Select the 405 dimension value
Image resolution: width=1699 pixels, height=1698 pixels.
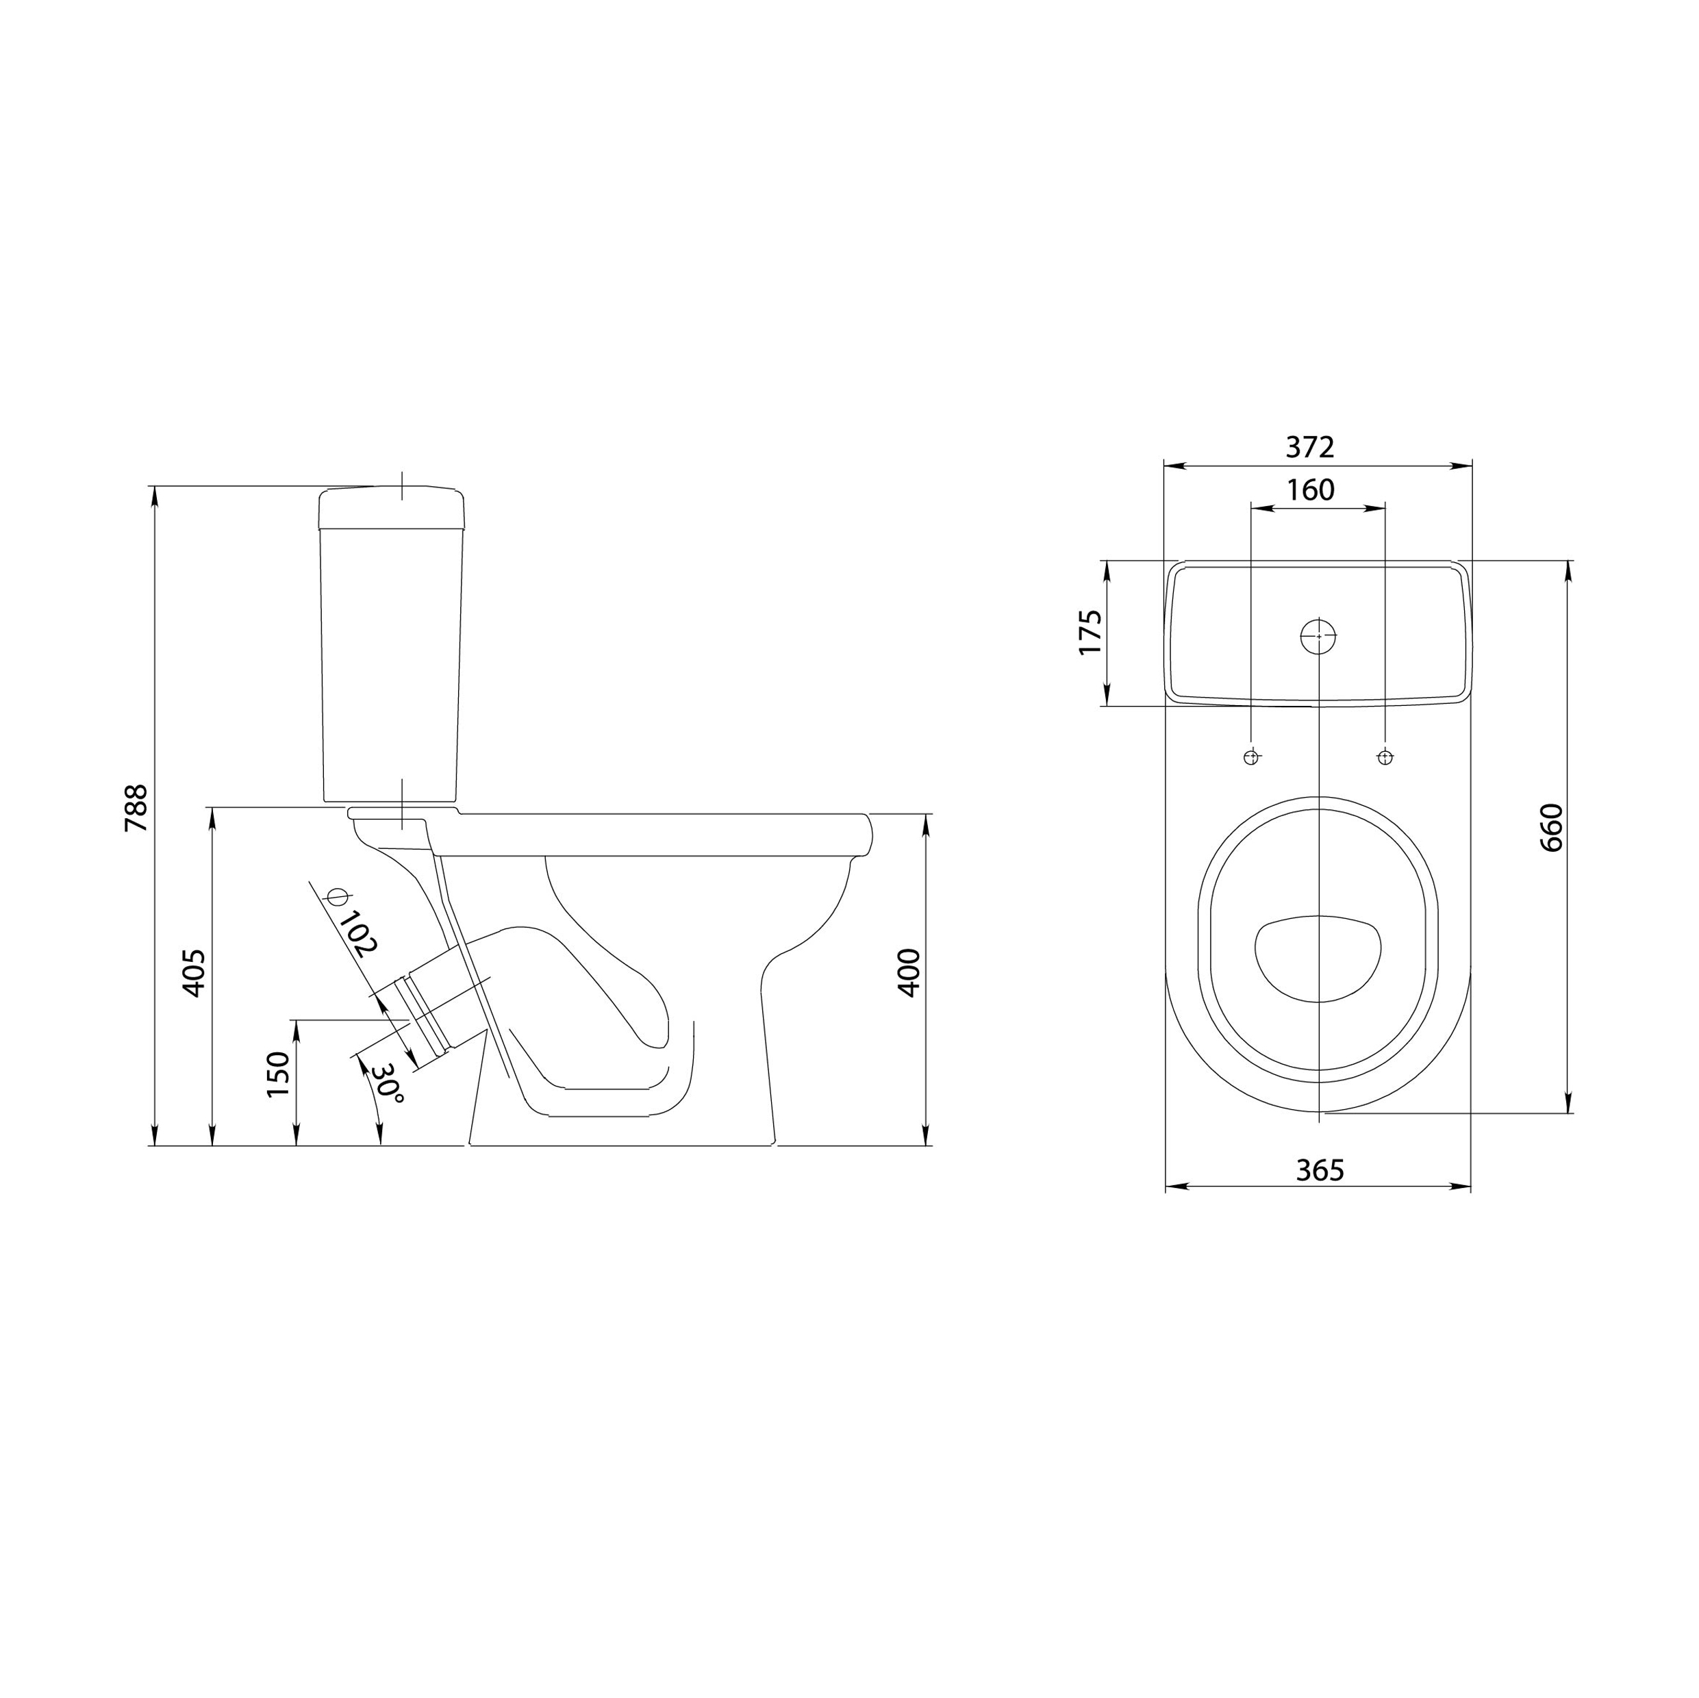pos(194,972)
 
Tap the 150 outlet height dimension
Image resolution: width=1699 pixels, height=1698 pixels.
pos(278,1074)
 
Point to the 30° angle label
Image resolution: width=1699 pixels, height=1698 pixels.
pos(388,1085)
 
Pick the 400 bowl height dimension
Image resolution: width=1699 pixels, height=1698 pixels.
pos(909,972)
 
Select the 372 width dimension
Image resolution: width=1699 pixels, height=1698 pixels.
pos(1309,448)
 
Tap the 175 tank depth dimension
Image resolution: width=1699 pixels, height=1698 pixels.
pos(1090,631)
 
